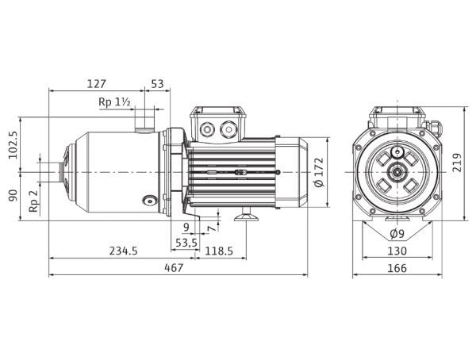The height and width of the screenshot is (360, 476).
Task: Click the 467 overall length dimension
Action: click(x=174, y=268)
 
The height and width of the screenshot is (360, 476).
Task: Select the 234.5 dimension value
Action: click(x=124, y=251)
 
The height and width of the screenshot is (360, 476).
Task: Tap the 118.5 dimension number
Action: click(x=219, y=251)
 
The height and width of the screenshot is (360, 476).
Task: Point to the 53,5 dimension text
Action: click(x=186, y=243)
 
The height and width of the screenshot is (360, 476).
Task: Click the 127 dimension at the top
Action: click(x=97, y=84)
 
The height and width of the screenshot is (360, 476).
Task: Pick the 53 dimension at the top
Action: click(x=157, y=84)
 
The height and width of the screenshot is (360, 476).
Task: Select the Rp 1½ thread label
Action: click(x=114, y=102)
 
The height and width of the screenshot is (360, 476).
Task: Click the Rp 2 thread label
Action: click(x=33, y=201)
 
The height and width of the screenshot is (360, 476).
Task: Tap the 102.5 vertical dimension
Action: click(x=13, y=145)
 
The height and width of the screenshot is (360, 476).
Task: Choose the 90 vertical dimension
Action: click(x=13, y=196)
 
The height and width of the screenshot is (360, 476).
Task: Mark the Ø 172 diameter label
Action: click(x=319, y=172)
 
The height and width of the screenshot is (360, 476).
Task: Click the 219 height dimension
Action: click(x=457, y=163)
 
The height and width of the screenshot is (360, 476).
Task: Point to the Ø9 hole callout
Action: click(x=397, y=234)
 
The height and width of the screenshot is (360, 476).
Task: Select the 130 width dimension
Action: click(x=397, y=251)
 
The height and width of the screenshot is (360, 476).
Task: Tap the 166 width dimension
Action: click(x=397, y=268)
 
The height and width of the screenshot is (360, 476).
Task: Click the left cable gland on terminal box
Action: click(x=208, y=129)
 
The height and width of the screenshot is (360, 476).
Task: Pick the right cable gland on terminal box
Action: click(x=228, y=129)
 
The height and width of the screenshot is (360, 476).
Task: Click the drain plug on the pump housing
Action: click(x=150, y=200)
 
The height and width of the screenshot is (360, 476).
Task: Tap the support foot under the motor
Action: click(x=246, y=215)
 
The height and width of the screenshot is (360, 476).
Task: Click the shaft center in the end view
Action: click(x=397, y=172)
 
